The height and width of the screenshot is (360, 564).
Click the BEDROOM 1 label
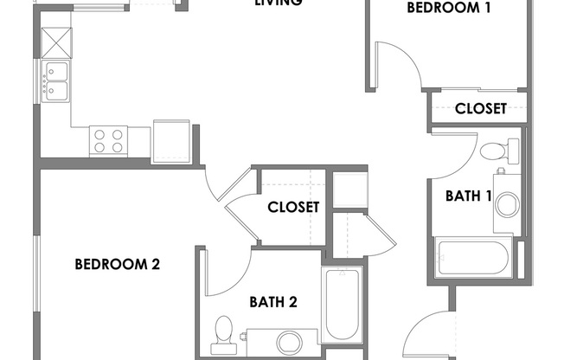(x=449, y=9)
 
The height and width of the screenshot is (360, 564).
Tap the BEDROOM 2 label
(x=117, y=265)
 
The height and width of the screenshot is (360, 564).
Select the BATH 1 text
(x=468, y=196)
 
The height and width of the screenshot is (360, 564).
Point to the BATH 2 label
(x=273, y=302)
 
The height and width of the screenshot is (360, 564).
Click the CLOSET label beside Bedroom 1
(x=480, y=109)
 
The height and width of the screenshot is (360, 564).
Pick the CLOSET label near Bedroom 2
(x=293, y=208)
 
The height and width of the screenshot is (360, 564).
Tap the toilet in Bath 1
(x=494, y=151)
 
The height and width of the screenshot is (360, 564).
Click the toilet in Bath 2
(x=224, y=332)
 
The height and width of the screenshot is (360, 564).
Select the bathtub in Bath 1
(x=473, y=259)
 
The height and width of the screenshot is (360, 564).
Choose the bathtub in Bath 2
(x=343, y=306)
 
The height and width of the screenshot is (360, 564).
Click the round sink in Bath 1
(x=506, y=204)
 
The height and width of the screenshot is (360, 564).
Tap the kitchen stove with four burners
(x=109, y=140)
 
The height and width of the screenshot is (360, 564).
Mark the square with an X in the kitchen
(x=54, y=41)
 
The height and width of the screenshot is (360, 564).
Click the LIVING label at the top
(x=278, y=3)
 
